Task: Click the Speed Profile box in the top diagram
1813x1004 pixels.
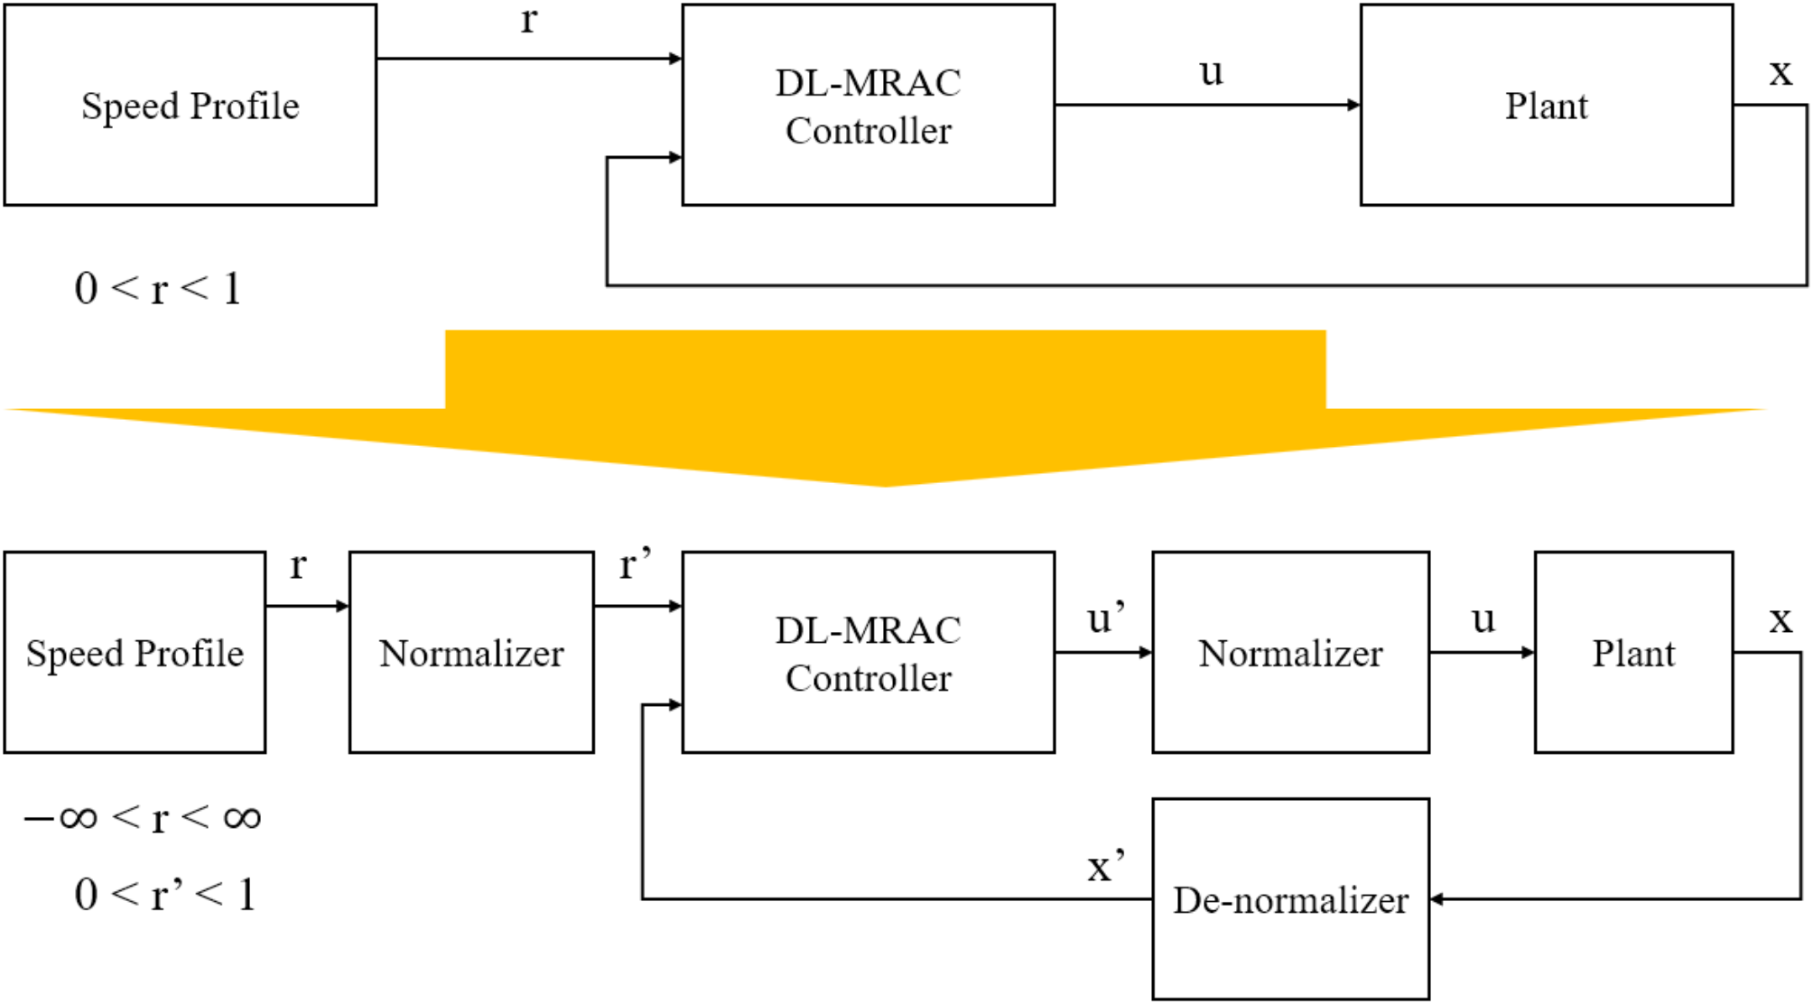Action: click(x=190, y=105)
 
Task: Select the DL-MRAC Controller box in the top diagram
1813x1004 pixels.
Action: click(x=868, y=105)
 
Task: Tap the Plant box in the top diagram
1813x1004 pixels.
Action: click(x=1546, y=105)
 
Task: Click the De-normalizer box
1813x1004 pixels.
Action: click(x=1290, y=898)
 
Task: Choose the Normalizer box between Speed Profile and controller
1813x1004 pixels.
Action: click(x=471, y=652)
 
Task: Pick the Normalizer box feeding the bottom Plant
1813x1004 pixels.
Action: click(x=1290, y=652)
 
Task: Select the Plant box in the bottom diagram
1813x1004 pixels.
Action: click(x=1633, y=652)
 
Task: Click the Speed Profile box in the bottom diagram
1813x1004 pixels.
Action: click(x=135, y=652)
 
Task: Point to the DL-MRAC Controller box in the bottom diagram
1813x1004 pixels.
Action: click(x=868, y=652)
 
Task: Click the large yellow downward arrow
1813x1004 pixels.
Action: click(x=885, y=406)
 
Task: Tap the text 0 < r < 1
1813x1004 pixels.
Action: click(x=158, y=289)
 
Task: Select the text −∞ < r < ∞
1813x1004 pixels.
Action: click(x=143, y=818)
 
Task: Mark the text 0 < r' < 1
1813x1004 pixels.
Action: click(x=165, y=895)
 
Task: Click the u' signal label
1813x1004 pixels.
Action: click(x=1105, y=618)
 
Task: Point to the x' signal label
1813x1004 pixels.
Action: click(x=1105, y=867)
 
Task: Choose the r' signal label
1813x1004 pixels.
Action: click(x=635, y=566)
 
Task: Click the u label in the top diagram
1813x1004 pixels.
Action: click(x=1211, y=71)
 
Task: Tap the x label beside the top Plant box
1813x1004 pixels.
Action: click(x=1780, y=71)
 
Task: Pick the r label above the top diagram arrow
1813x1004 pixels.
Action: click(x=529, y=20)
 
